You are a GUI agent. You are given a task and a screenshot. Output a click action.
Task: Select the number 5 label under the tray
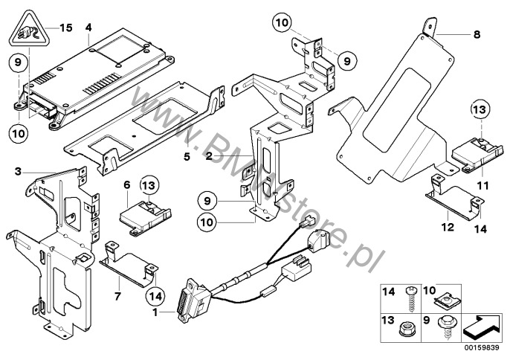click(x=187, y=158)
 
